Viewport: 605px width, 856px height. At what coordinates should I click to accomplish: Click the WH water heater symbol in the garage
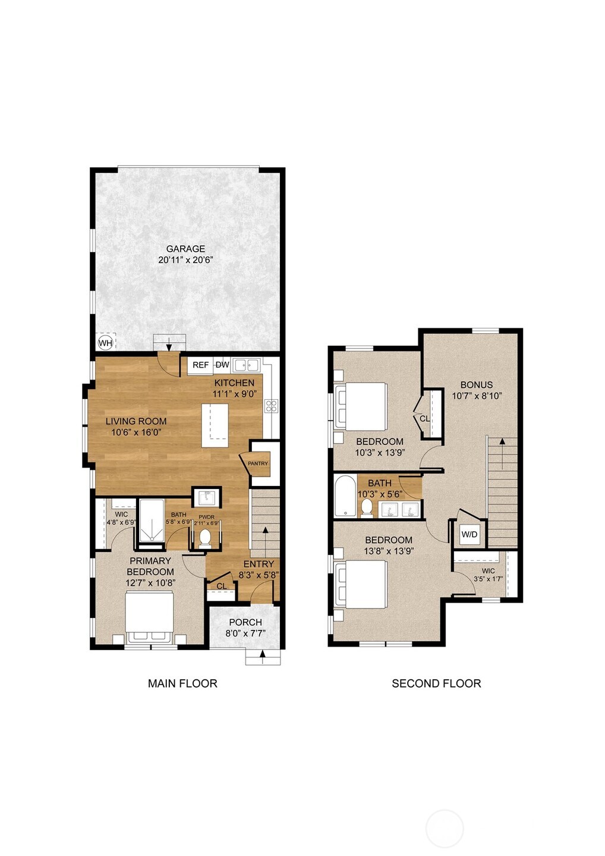[x=105, y=343]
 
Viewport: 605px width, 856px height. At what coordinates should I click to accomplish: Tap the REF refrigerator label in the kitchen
[x=200, y=365]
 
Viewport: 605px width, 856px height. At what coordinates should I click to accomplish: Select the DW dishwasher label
[x=222, y=365]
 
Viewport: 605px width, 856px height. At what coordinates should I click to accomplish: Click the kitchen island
[x=215, y=425]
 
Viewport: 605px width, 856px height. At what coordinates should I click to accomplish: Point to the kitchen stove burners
[x=271, y=406]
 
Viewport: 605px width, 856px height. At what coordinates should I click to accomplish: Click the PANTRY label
[x=258, y=463]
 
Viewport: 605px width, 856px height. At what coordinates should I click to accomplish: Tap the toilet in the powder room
[x=206, y=538]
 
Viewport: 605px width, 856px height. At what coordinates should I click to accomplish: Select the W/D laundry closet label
[x=469, y=534]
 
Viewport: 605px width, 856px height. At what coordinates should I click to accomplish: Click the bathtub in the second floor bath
[x=345, y=495]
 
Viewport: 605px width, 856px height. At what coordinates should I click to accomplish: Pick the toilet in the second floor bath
[x=367, y=507]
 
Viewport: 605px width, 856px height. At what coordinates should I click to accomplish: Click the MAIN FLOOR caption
[x=182, y=683]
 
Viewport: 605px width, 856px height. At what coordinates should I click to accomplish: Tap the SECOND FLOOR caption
[x=436, y=683]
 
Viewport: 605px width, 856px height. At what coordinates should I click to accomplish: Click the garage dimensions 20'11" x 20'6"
[x=185, y=260]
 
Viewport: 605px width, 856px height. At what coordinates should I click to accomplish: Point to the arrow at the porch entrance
[x=262, y=656]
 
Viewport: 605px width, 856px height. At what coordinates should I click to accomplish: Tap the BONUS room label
[x=476, y=384]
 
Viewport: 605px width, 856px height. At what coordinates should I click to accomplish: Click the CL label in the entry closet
[x=222, y=586]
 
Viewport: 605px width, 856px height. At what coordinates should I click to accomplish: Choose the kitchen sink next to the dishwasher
[x=245, y=365]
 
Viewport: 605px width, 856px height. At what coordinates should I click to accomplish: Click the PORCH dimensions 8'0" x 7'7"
[x=245, y=634]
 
